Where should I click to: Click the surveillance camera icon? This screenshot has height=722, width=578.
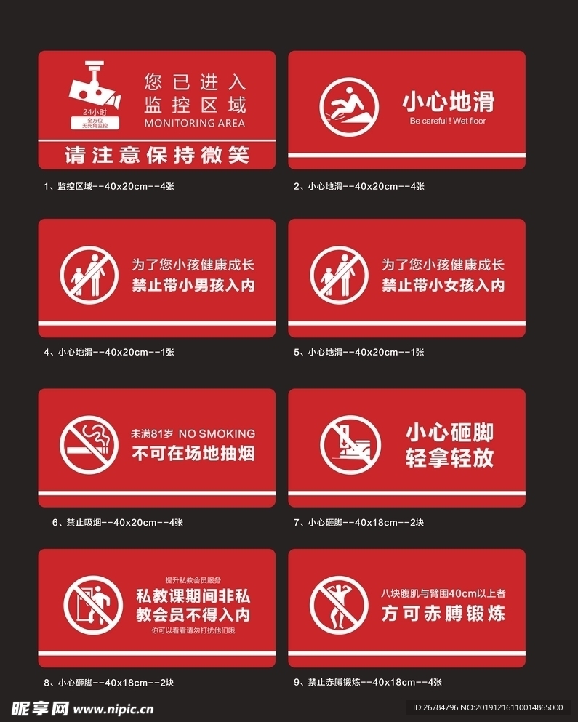(95, 89)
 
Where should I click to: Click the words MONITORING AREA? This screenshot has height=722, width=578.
(195, 123)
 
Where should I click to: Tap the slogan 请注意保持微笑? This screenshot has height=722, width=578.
(156, 155)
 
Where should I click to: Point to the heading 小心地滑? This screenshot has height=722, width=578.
(448, 101)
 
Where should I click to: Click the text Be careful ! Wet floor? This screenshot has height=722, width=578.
(448, 121)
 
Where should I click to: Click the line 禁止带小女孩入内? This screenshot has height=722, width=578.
(443, 285)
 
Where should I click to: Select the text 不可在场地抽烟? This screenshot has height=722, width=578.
(193, 454)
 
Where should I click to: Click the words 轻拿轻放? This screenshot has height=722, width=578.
(449, 457)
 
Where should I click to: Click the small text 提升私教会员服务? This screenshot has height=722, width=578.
(193, 579)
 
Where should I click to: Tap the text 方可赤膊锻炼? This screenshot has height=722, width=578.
(443, 614)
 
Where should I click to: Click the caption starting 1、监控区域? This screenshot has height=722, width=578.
(109, 186)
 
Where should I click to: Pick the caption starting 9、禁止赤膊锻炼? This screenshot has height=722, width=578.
(367, 682)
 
